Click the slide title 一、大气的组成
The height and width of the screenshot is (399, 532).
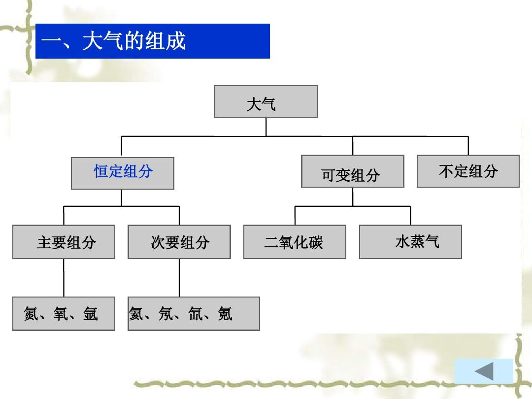point(113,41)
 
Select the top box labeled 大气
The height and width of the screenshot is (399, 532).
point(266,101)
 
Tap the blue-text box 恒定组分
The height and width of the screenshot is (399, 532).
point(123,173)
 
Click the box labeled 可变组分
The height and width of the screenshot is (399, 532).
point(353,171)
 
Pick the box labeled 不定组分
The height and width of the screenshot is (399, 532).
point(468,171)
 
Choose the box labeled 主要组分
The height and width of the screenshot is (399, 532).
point(64,242)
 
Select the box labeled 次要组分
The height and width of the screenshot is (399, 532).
point(179,242)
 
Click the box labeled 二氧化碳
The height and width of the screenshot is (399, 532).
point(295,242)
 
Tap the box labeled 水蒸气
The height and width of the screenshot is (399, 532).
point(410,242)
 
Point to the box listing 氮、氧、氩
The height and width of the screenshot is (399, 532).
point(64,314)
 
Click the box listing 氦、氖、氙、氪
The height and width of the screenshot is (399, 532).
point(194,314)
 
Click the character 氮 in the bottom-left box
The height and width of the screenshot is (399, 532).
point(31,313)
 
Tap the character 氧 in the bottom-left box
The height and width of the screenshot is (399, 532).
point(61,313)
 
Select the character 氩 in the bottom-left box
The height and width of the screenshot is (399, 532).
point(91,313)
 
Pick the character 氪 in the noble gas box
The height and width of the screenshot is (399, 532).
point(225,313)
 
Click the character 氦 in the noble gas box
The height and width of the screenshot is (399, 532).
point(136,313)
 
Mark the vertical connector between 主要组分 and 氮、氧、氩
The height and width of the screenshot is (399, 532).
point(64,278)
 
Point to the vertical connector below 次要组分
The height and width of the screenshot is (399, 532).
point(179,278)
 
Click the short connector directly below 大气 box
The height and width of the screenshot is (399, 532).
point(266,127)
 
